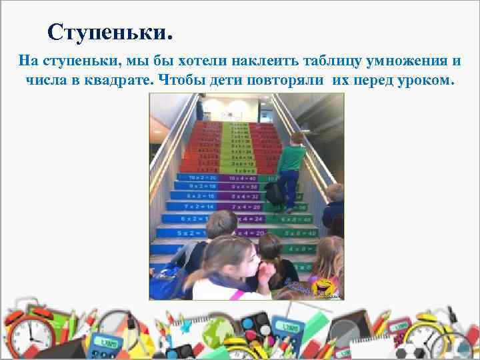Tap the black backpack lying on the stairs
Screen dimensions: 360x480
coord(275,194)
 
